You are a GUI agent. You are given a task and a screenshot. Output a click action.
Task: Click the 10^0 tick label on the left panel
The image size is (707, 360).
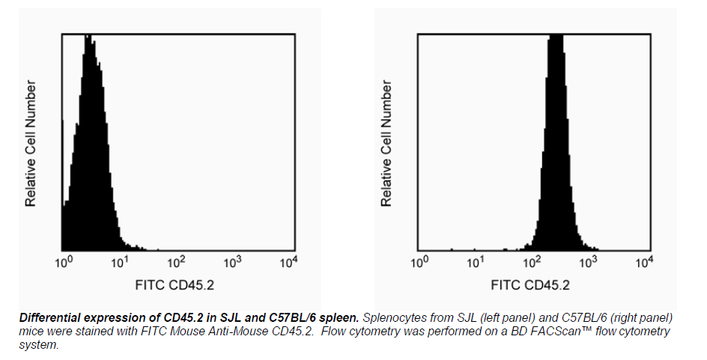64,262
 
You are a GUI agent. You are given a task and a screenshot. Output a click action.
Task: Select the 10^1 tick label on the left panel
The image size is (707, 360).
120,262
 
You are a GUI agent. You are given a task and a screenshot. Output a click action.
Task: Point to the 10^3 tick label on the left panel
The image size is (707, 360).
232,262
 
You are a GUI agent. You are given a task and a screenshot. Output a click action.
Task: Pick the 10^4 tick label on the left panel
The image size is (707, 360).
288,262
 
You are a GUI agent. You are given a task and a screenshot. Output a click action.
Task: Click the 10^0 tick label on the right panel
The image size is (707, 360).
420,262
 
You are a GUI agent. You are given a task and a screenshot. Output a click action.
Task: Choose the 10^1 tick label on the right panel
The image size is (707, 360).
476,262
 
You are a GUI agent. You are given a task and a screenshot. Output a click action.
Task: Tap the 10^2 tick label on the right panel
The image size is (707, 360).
532,262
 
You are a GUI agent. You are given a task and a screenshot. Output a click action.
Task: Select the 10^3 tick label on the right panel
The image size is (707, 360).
589,262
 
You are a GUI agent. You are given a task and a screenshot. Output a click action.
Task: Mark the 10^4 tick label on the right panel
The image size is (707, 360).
645,262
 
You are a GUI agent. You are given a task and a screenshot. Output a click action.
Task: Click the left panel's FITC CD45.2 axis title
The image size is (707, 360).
175,285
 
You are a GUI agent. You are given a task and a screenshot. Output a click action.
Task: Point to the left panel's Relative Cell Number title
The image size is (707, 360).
31,144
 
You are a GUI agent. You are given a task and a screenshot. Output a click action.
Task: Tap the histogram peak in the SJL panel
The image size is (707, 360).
88,37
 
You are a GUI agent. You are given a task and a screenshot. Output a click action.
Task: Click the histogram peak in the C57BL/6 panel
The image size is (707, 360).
556,37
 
